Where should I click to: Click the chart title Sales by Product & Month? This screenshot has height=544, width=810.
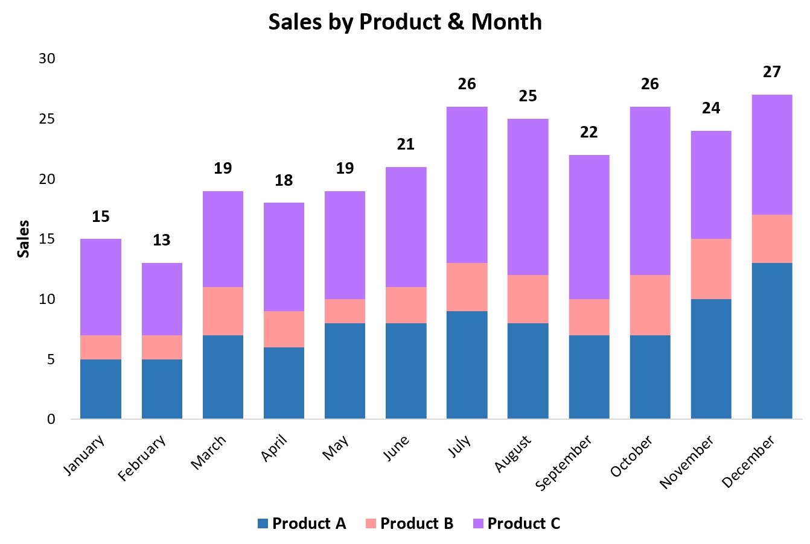[x=405, y=22]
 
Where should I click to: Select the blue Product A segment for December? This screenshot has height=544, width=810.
[x=771, y=341]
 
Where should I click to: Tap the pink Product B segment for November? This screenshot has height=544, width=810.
[x=710, y=269]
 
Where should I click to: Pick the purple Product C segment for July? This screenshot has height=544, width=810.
[x=467, y=185]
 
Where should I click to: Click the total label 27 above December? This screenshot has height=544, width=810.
[x=771, y=72]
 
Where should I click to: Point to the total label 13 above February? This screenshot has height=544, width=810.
[x=161, y=240]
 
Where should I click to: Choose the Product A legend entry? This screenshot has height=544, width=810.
[x=302, y=523]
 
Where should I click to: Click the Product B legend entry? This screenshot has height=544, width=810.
[x=409, y=523]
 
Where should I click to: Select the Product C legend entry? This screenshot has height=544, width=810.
[x=516, y=523]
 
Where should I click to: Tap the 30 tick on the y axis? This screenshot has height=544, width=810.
[x=47, y=59]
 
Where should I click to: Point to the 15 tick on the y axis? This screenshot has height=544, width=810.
[x=47, y=239]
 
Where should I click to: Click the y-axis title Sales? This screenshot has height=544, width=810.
[x=23, y=239]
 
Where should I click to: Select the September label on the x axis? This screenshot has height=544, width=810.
[x=564, y=463]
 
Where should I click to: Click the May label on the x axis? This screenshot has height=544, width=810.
[x=336, y=449]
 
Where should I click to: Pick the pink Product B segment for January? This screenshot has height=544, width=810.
[x=100, y=347]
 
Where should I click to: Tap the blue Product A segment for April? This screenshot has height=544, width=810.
[x=284, y=383]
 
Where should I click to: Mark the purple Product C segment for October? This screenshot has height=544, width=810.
[x=649, y=191]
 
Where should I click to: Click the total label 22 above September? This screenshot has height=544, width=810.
[x=588, y=132]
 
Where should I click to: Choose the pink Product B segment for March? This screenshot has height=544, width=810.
[x=223, y=311]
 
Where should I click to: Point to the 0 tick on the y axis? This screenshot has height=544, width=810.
[x=51, y=419]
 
